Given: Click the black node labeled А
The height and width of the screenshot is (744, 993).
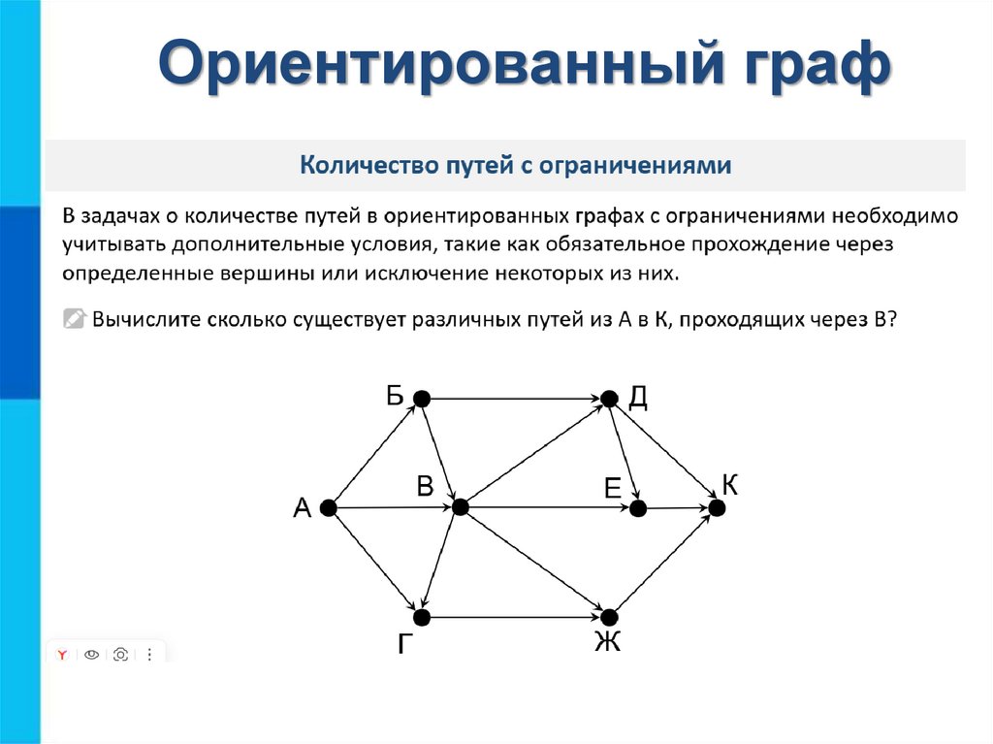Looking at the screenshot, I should tap(328, 507).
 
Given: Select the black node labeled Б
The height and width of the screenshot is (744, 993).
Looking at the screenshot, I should tap(421, 398).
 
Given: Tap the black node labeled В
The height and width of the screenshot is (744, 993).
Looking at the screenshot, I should tap(460, 507).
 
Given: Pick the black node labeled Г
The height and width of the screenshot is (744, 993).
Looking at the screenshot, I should tap(422, 617).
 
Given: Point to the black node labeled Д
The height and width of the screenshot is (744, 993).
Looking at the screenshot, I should tap(609, 398).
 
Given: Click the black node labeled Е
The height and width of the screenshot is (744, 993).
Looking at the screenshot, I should tap(637, 507).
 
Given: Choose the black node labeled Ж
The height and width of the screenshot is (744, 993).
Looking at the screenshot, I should tap(609, 617).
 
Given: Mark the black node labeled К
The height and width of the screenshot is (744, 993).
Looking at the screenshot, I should tap(717, 507).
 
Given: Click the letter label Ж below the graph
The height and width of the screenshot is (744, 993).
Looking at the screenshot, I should tap(607, 642).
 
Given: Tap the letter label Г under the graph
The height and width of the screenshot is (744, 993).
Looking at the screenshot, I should tap(407, 645).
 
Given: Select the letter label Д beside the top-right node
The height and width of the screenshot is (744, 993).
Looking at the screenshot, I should tap(637, 397).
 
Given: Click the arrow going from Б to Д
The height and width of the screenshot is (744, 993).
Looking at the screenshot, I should tap(515, 398).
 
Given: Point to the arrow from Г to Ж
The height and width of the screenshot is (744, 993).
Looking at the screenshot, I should tap(515, 617).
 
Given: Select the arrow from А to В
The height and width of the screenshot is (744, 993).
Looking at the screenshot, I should tap(393, 507).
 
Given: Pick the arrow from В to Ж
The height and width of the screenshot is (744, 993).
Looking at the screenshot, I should tap(534, 563).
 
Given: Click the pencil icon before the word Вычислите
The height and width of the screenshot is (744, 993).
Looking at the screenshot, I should tap(74, 319).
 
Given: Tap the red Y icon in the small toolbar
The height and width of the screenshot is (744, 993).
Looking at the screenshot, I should tap(61, 655).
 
